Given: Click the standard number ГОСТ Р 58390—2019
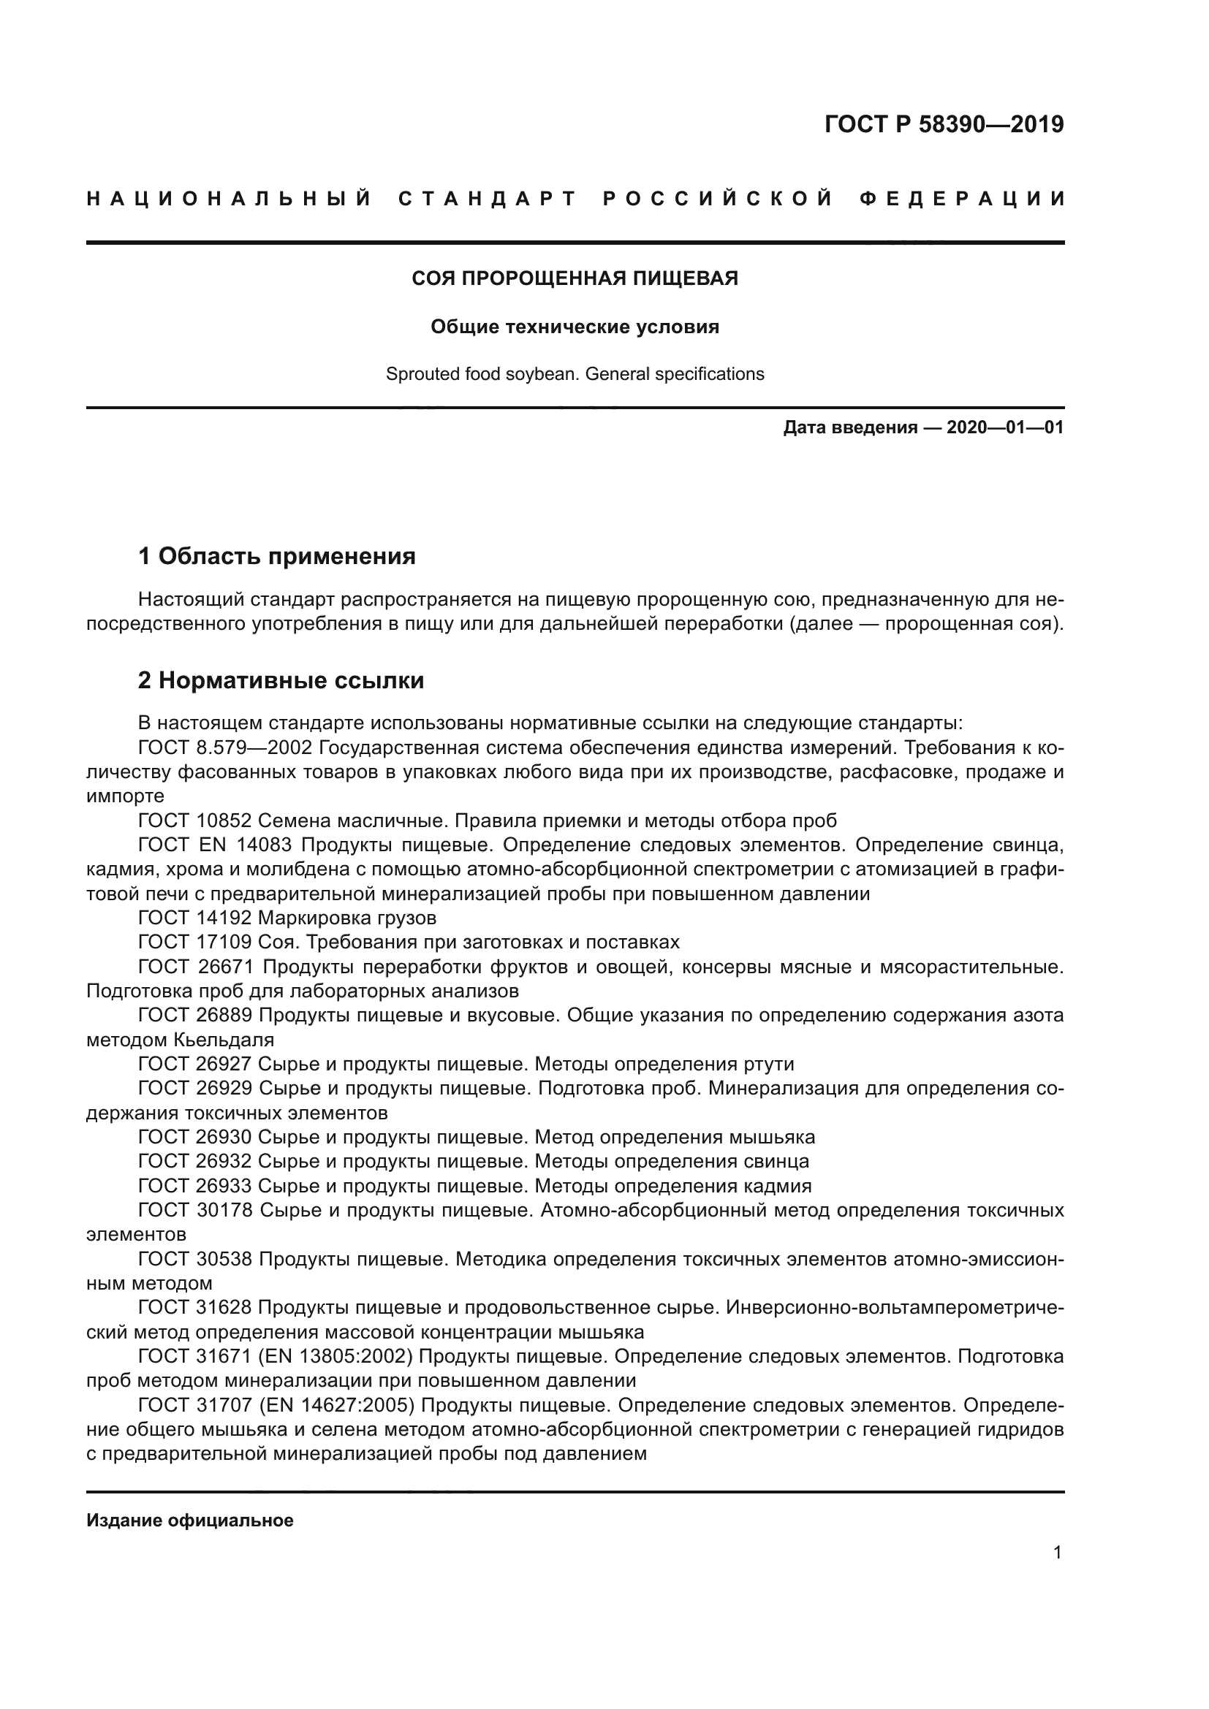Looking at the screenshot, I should point(943,124).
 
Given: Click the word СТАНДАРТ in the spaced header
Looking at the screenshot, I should point(488,199).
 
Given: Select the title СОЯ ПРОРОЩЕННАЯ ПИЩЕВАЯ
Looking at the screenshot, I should point(575,278).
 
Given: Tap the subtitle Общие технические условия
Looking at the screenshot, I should point(575,327).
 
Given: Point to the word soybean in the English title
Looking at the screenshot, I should point(542,373).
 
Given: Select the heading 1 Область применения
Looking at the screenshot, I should point(276,555).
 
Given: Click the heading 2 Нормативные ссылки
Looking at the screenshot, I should point(281,680).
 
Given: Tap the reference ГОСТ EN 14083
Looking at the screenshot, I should point(216,844).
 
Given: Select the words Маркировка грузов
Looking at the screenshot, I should point(347,917).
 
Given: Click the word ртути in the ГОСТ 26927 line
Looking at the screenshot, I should point(768,1064).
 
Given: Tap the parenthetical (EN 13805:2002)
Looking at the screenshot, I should point(334,1356).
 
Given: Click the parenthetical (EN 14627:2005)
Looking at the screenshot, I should point(335,1405).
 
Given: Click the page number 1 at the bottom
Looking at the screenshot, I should point(1057,1552).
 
